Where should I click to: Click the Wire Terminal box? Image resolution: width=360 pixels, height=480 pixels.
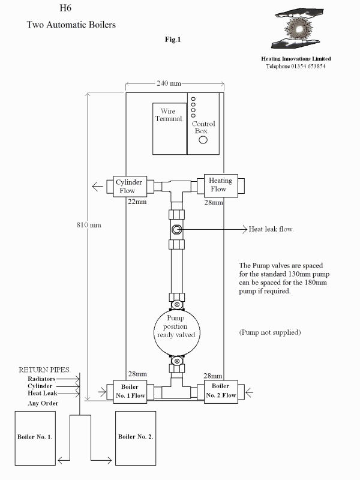pyautogui.click(x=170, y=128)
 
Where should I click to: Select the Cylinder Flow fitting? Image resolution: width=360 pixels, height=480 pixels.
pyautogui.click(x=130, y=187)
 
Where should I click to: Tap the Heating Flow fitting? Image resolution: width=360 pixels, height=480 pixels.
pyautogui.click(x=221, y=185)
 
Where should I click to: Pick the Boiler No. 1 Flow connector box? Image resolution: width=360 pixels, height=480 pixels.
pyautogui.click(x=130, y=392)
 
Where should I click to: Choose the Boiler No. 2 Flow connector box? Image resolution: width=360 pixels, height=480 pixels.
pyautogui.click(x=221, y=392)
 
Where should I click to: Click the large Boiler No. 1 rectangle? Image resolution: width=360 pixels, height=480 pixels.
pyautogui.click(x=35, y=438)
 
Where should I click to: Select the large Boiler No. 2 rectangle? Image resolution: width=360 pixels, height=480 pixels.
pyautogui.click(x=136, y=438)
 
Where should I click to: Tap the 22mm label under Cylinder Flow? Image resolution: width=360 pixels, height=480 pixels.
pyautogui.click(x=137, y=202)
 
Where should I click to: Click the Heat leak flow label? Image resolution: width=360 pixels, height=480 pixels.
pyautogui.click(x=271, y=229)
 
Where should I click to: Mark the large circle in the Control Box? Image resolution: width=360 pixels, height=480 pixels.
pyautogui.click(x=203, y=140)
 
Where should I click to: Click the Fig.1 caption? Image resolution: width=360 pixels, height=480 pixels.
pyautogui.click(x=173, y=40)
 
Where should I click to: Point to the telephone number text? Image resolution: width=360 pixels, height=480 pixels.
pyautogui.click(x=296, y=66)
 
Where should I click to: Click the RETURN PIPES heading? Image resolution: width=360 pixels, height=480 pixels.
pyautogui.click(x=44, y=370)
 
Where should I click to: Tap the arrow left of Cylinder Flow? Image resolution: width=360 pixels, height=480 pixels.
pyautogui.click(x=97, y=187)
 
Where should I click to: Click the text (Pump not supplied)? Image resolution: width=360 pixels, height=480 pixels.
pyautogui.click(x=270, y=332)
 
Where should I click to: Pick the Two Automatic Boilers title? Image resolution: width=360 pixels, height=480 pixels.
pyautogui.click(x=71, y=25)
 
